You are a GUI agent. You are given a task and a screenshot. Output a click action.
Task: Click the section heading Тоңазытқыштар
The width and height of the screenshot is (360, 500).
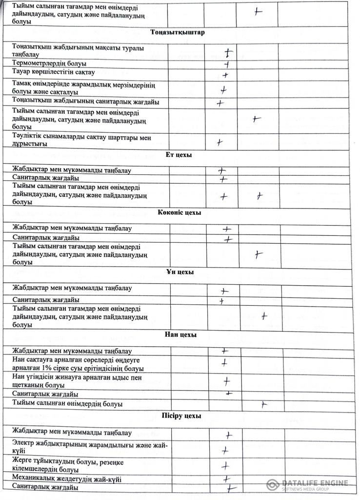pyautogui.click(x=177, y=33)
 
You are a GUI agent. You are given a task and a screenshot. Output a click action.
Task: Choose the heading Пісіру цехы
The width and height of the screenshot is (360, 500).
pyautogui.click(x=181, y=416)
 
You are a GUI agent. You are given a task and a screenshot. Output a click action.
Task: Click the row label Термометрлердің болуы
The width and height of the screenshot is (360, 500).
pyautogui.click(x=49, y=63)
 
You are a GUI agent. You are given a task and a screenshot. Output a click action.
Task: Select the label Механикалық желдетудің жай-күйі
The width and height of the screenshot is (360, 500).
pyautogui.click(x=67, y=479)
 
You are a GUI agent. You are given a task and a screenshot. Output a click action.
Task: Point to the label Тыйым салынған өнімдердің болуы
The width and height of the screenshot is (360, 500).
pyautogui.click(x=67, y=404)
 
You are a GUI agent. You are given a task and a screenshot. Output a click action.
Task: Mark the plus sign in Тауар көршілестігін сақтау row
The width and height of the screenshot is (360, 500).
pyautogui.click(x=225, y=75)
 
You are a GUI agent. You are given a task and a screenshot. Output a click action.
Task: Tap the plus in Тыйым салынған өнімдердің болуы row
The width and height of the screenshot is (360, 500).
pyautogui.click(x=263, y=404)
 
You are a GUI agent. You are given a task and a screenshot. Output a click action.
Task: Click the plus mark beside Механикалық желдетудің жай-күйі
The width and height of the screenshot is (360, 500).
pyautogui.click(x=226, y=479)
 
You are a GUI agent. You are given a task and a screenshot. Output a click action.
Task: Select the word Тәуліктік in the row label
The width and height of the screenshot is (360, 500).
pyautogui.click(x=29, y=138)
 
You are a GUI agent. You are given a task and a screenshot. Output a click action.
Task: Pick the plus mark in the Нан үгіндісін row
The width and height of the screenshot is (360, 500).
pyautogui.click(x=227, y=381)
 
